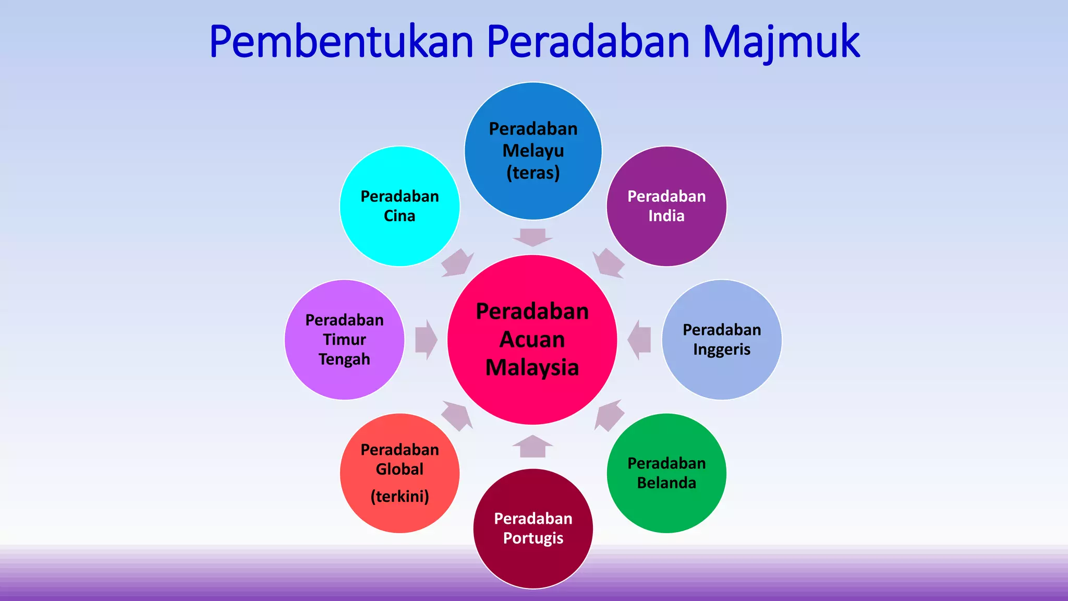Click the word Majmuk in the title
click(x=781, y=42)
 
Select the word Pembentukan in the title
click(x=341, y=42)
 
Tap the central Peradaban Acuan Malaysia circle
click(x=532, y=340)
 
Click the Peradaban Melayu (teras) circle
click(x=533, y=151)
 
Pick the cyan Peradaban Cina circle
click(x=399, y=206)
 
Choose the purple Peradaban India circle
click(x=666, y=206)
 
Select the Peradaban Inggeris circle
click(x=722, y=340)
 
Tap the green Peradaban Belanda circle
click(x=666, y=473)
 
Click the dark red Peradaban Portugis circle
click(x=533, y=528)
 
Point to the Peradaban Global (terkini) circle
click(x=399, y=473)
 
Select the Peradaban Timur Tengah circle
click(x=344, y=340)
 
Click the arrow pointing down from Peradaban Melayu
click(x=532, y=237)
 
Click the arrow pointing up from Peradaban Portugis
click(x=532, y=447)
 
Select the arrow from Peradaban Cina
click(x=457, y=263)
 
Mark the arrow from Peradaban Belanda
click(x=609, y=415)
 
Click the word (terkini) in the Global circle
click(x=399, y=496)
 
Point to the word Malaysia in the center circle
click(x=532, y=367)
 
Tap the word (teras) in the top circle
click(x=533, y=173)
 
